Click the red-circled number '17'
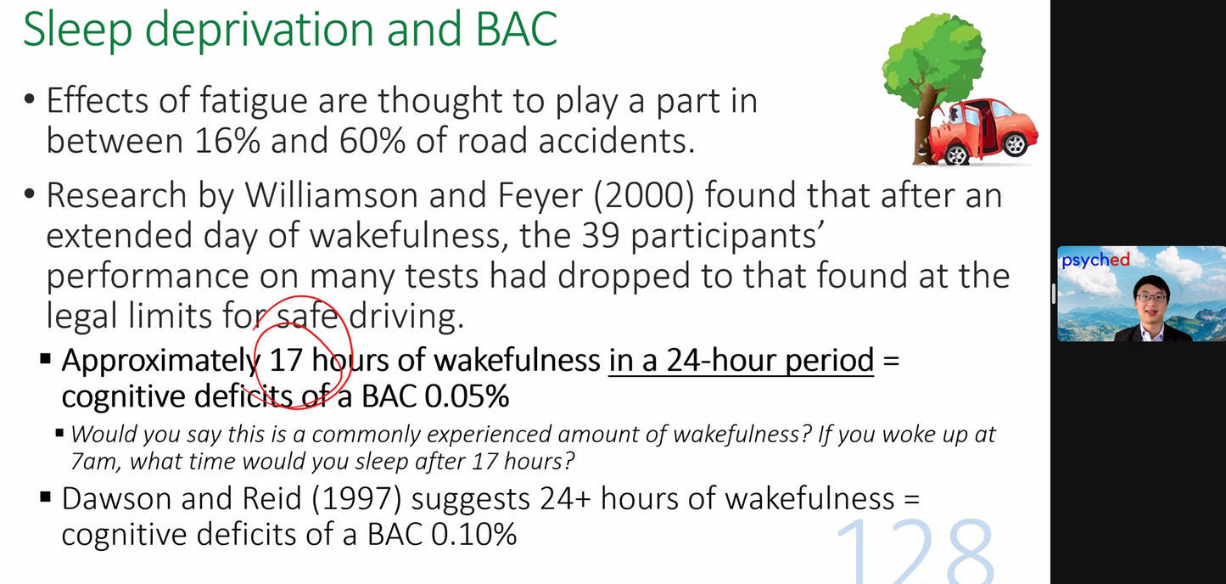(286, 361)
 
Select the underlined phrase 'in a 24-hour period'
(741, 361)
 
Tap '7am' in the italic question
(94, 461)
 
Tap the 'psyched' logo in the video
(1095, 261)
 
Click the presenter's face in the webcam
(1152, 297)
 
